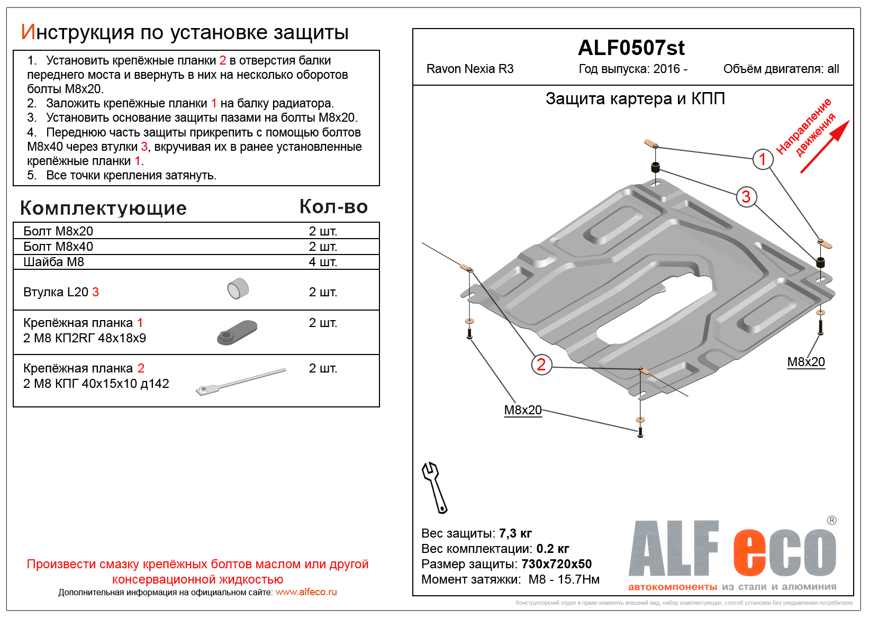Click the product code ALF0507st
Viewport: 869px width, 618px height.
click(631, 48)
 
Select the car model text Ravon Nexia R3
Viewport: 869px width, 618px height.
click(470, 69)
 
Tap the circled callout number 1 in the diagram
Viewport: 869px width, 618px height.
click(763, 159)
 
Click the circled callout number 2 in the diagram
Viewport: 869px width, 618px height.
click(541, 365)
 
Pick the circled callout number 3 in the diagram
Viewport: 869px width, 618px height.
click(746, 197)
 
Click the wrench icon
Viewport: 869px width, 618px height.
click(434, 487)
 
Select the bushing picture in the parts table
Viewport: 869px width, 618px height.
click(238, 289)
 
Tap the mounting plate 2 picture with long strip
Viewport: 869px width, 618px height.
click(241, 381)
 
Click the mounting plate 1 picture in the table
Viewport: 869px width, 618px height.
click(237, 332)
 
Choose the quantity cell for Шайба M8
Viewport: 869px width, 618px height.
click(323, 262)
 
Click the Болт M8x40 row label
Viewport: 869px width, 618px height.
click(58, 247)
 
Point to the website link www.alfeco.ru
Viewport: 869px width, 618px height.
click(306, 592)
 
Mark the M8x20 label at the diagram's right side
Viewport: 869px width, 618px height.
click(806, 362)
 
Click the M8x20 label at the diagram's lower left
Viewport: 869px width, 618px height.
click(523, 410)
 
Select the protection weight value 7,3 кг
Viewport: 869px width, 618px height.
click(515, 533)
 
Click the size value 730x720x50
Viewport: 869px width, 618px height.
click(556, 564)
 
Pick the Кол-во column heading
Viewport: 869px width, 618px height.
click(333, 207)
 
